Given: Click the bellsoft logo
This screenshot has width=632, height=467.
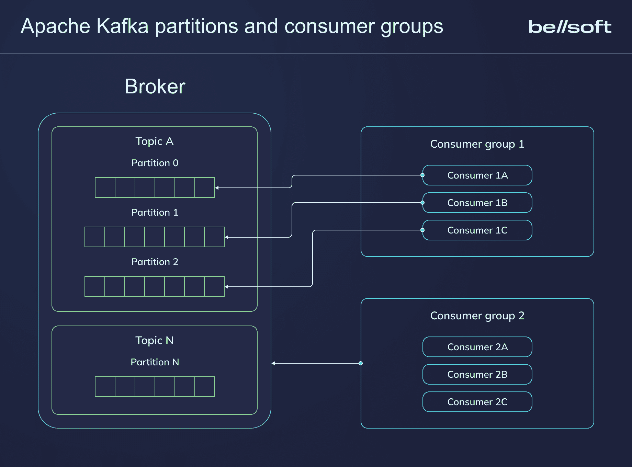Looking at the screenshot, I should coord(569,27).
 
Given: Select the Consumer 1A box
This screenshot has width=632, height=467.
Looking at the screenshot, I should coord(477,175).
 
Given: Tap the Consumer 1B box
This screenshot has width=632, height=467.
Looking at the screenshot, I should coord(477,203).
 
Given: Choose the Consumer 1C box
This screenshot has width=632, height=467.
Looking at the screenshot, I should coord(477,230).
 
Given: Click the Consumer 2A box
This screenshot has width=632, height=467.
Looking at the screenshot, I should coord(477,347).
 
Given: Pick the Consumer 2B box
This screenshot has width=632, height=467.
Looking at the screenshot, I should coord(477,374).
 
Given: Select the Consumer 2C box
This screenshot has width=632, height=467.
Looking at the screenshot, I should coord(477,402).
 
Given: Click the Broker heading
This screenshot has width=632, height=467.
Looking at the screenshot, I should coord(155,86).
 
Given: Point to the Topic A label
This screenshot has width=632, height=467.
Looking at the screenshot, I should coord(154,141).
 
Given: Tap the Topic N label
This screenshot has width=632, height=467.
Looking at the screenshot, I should coord(154,340).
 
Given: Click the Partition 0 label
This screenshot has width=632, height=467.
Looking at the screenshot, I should coord(155,163).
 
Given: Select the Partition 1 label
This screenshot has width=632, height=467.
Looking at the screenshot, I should coord(155,212).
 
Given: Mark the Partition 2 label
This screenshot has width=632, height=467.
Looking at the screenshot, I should coord(155,262).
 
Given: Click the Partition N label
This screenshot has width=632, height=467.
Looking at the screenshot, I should coord(155,362).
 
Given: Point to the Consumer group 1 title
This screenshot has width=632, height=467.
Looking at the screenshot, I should coord(477,144).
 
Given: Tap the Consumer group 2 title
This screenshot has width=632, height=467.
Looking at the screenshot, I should coord(477,316).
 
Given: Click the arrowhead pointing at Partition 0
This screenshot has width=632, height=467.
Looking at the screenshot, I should coord(217,188).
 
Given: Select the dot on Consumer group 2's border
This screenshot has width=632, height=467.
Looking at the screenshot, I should coord(361,363).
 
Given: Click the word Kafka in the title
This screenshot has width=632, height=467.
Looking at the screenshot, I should coord(122,26).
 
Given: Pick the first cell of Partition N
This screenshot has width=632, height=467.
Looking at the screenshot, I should coord(105,387).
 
